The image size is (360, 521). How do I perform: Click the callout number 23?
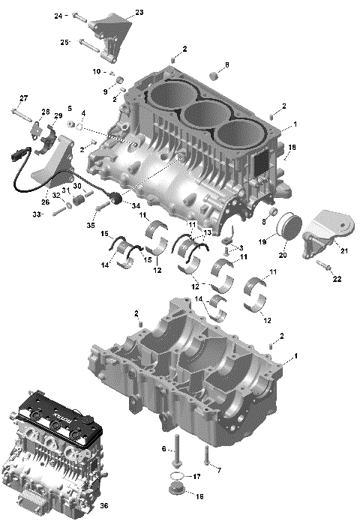(x=138, y=13)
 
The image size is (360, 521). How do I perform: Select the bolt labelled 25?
(x=88, y=45)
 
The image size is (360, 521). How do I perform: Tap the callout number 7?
(x=218, y=469)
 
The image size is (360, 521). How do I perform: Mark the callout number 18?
(x=292, y=147)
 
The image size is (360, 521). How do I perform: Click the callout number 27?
(x=23, y=99)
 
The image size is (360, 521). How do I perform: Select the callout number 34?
(x=136, y=205)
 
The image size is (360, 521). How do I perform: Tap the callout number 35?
(x=91, y=224)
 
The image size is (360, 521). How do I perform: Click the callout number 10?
(x=97, y=72)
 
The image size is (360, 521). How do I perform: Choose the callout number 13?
(x=208, y=233)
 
